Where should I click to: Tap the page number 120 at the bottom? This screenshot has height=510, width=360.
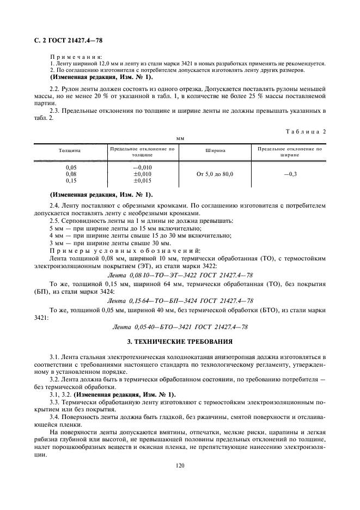(180, 465)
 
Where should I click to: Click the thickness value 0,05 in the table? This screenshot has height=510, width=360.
(71, 167)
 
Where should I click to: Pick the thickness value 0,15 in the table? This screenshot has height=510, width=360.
(71, 180)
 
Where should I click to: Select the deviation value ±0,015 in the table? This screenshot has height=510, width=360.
(142, 180)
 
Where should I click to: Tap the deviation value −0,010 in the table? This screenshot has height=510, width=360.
(142, 167)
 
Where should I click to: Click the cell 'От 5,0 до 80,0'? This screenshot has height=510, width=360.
(215, 173)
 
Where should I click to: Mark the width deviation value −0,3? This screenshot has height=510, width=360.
(290, 173)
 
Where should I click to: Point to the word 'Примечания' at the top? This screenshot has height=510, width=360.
(79, 57)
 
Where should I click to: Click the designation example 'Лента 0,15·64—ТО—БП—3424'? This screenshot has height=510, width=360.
(180, 301)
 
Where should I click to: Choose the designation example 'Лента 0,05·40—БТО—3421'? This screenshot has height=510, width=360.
(180, 326)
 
